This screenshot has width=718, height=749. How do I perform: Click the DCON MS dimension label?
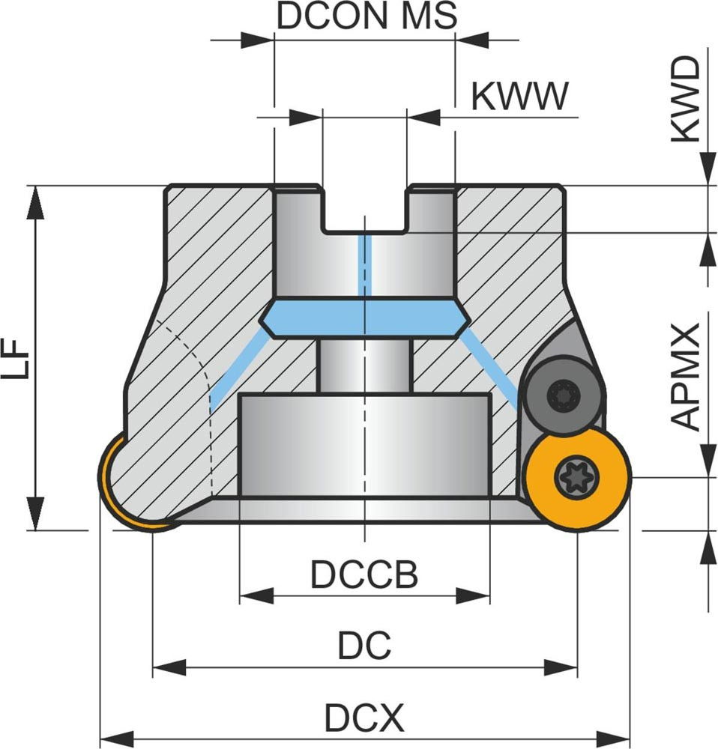pos(366,16)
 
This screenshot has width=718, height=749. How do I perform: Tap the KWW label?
pos(520,96)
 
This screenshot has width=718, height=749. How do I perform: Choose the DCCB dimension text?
pos(364,575)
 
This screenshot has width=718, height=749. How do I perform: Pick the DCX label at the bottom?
pos(364,720)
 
